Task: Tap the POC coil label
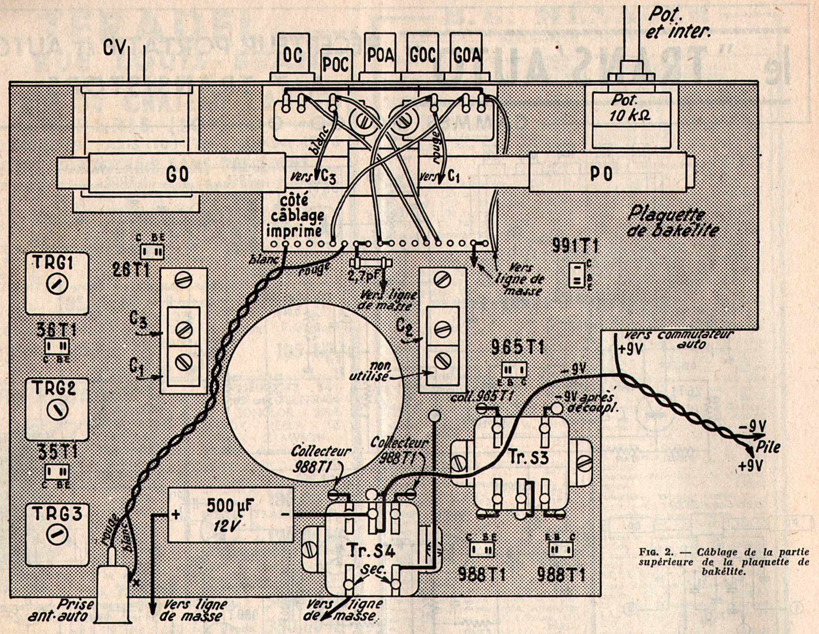(x=336, y=65)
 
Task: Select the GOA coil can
(x=467, y=55)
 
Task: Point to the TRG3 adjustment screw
(x=57, y=534)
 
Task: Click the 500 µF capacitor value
(x=230, y=506)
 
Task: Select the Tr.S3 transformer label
(x=528, y=457)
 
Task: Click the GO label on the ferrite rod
(x=178, y=174)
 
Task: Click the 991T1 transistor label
(x=575, y=246)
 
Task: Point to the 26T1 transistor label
(x=131, y=270)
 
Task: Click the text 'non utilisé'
(x=369, y=371)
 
